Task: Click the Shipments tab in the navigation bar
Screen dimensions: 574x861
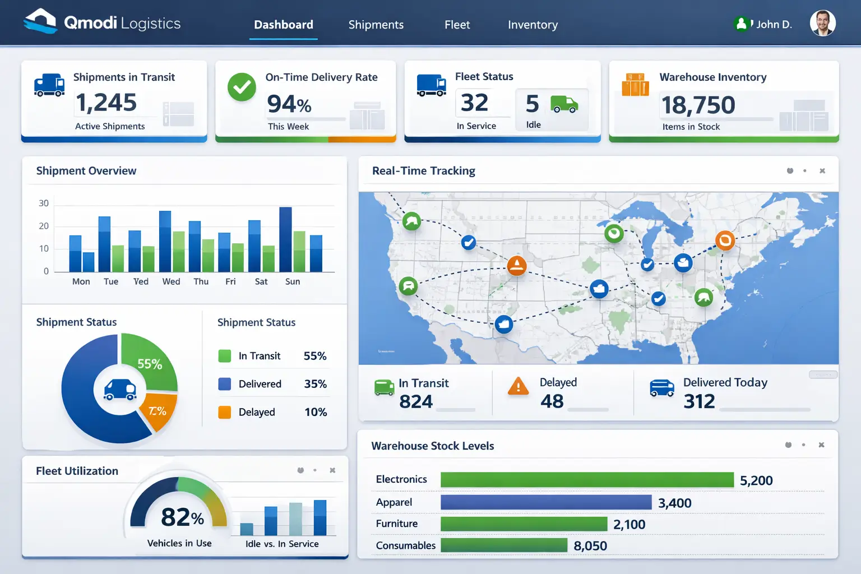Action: click(376, 25)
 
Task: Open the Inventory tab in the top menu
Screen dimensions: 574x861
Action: click(533, 25)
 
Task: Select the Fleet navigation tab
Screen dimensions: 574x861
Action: click(457, 25)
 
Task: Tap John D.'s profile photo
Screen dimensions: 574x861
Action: click(822, 24)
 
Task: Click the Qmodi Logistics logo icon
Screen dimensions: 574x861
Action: click(40, 21)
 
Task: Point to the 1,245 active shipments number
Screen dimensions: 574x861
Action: click(106, 103)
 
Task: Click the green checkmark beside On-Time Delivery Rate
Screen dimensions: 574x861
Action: click(242, 87)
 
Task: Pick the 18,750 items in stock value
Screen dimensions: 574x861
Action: click(698, 105)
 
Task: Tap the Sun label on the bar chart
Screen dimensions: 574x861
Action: click(293, 281)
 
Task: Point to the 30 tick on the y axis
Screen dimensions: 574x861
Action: click(44, 203)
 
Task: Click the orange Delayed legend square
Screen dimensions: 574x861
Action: click(224, 412)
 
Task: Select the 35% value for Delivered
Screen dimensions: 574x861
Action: click(315, 384)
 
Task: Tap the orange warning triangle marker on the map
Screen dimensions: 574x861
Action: click(516, 265)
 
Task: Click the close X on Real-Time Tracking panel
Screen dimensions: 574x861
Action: click(822, 171)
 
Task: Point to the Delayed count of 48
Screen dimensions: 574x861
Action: click(552, 401)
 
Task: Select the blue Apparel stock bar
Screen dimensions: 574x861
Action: click(545, 502)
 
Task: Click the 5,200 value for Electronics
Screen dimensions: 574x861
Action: click(756, 480)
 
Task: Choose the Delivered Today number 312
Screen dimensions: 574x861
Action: click(699, 401)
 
